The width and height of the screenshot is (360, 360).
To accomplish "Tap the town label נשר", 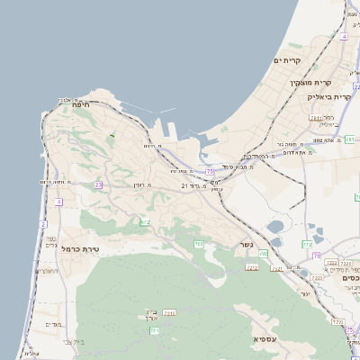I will (245, 244).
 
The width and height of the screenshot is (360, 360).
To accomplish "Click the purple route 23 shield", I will (97, 184).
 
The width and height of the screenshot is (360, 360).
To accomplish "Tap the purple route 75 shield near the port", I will (209, 171).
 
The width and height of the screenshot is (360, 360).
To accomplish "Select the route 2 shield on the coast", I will (42, 223).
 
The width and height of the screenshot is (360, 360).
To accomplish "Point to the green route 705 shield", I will (198, 244).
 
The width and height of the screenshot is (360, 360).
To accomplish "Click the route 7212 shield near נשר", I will (253, 266).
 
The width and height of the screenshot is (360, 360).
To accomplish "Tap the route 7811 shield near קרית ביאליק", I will (316, 117).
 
